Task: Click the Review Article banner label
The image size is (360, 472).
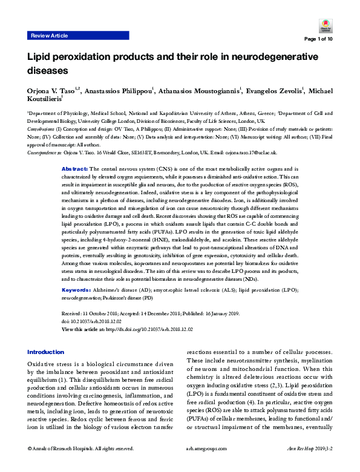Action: (x=49, y=36)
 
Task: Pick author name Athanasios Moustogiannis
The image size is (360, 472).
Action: (x=200, y=91)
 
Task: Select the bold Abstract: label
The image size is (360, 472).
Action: (x=76, y=150)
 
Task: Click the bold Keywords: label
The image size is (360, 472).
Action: (x=77, y=290)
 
